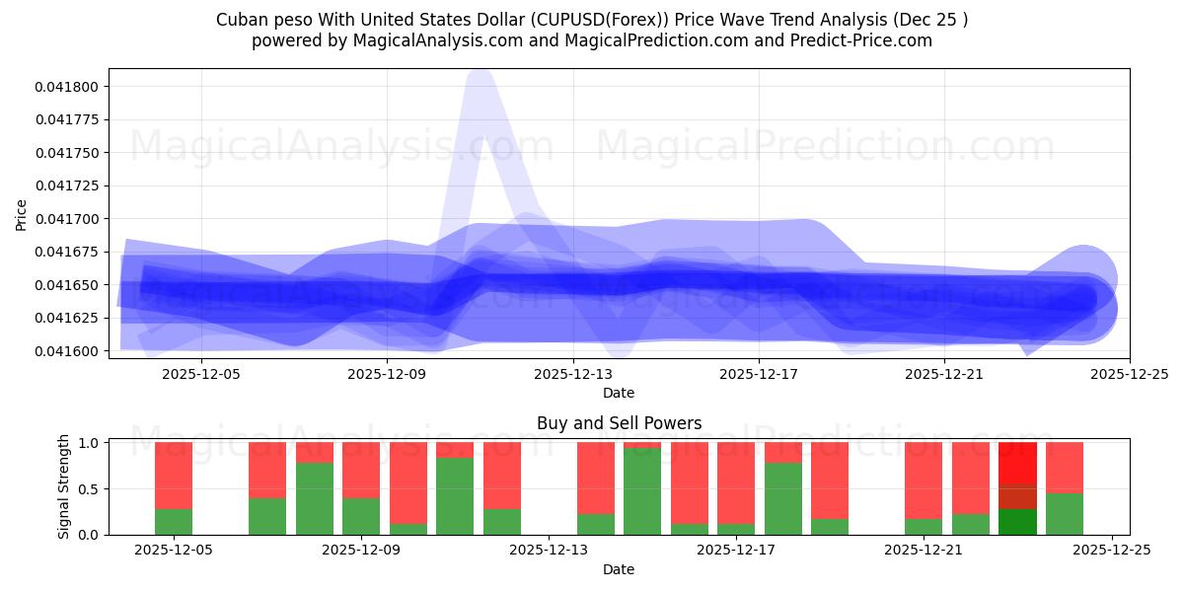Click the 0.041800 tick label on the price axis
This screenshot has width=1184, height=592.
[x=66, y=87]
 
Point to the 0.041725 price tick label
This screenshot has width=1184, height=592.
[x=66, y=185]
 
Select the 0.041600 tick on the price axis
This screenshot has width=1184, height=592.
[x=66, y=351]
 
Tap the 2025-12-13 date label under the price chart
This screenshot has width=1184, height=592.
[x=573, y=374]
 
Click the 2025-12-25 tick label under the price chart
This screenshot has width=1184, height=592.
[x=1130, y=374]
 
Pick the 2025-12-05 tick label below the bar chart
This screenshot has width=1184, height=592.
[x=174, y=551]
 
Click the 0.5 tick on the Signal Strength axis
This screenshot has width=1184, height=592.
[x=88, y=489]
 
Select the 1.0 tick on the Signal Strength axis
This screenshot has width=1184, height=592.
[x=88, y=443]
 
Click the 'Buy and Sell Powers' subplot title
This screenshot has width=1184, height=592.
[x=619, y=423]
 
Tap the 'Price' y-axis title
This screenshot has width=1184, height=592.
[x=22, y=215]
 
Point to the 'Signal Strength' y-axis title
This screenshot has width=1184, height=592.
[x=64, y=486]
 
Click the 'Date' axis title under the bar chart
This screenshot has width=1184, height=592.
[x=619, y=569]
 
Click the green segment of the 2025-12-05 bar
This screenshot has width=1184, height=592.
[x=174, y=522]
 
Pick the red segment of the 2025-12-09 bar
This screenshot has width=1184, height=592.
[x=361, y=470]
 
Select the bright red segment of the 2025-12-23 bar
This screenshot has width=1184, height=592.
[x=1017, y=463]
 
